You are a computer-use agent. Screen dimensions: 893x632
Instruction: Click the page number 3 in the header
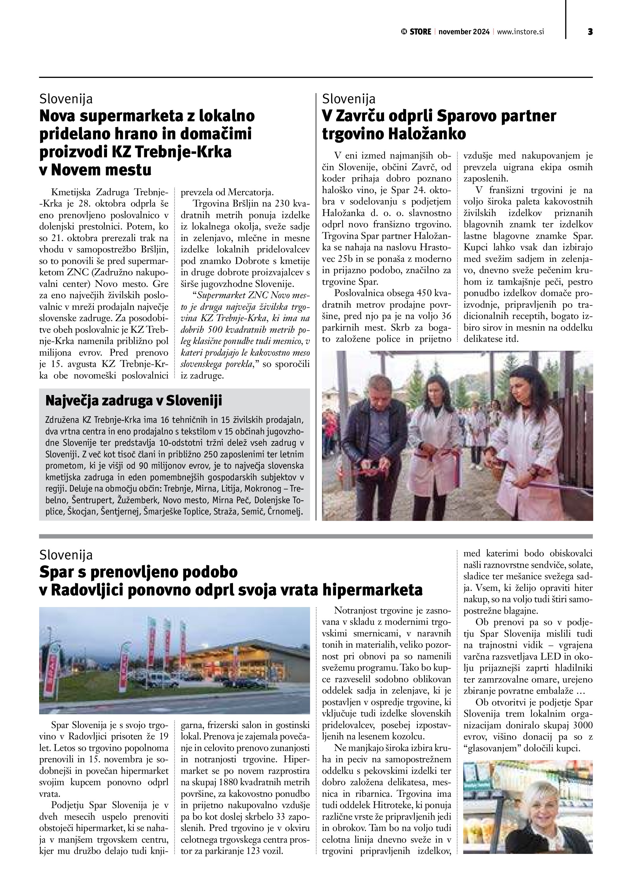(590, 32)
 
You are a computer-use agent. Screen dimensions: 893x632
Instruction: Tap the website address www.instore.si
(520, 32)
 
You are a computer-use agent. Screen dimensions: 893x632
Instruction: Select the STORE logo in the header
(416, 32)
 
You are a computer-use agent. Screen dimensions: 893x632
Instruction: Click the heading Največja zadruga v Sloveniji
(134, 401)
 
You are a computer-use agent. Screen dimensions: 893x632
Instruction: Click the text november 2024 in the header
(464, 32)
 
